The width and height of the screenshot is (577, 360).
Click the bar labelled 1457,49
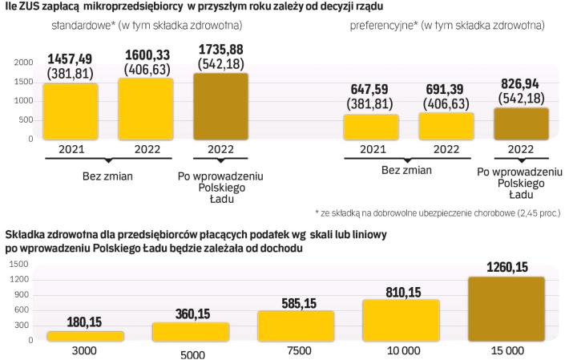71,111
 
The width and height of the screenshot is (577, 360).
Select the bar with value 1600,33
145,109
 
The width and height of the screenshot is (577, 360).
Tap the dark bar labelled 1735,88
221,107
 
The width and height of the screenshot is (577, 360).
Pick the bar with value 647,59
371,127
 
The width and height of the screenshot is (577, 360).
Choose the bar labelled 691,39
446,126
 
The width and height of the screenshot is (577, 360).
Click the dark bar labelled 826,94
521,123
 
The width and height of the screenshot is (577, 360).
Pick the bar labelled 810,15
390,321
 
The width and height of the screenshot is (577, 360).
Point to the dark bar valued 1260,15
506,309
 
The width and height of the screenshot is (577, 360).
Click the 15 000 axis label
506,351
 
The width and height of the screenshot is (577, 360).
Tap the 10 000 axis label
390,351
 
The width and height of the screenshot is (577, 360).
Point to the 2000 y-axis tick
24,62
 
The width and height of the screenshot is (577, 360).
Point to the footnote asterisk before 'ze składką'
318,212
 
